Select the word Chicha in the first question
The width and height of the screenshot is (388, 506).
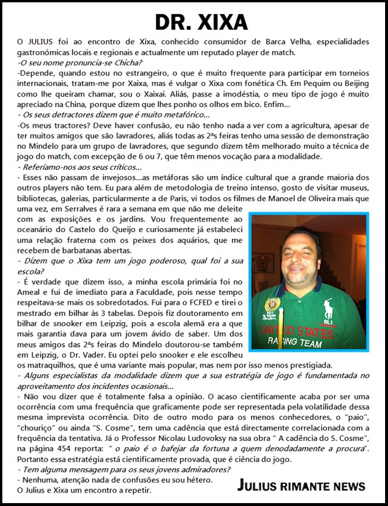pyautogui.click(x=123, y=62)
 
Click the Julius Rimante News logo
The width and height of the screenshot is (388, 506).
pyautogui.click(x=301, y=486)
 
